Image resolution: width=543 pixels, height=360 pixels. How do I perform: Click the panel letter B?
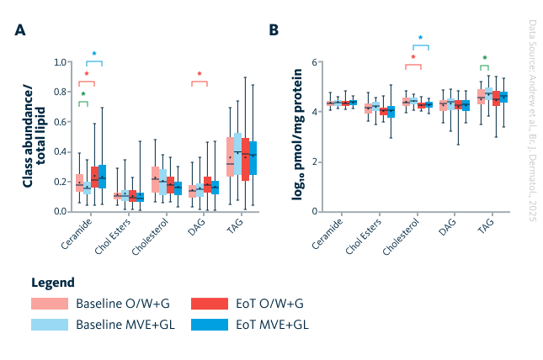[x=274, y=29]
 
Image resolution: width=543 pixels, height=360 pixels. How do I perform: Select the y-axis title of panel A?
[x=32, y=135]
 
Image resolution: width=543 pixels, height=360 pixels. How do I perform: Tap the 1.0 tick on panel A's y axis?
[x=61, y=62]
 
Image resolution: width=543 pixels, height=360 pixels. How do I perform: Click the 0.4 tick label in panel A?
[x=61, y=151]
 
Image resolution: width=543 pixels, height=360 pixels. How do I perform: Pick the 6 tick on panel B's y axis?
[x=312, y=62]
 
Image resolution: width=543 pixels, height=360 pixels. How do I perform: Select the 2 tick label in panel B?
[x=312, y=161]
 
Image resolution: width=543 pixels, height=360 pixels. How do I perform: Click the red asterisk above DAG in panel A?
[x=200, y=74]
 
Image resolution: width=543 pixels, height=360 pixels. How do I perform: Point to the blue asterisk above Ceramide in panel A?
[x=93, y=54]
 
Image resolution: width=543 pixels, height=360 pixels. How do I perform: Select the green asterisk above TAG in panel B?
[x=484, y=58]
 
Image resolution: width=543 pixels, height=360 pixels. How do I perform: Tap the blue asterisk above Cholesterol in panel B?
[x=420, y=38]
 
